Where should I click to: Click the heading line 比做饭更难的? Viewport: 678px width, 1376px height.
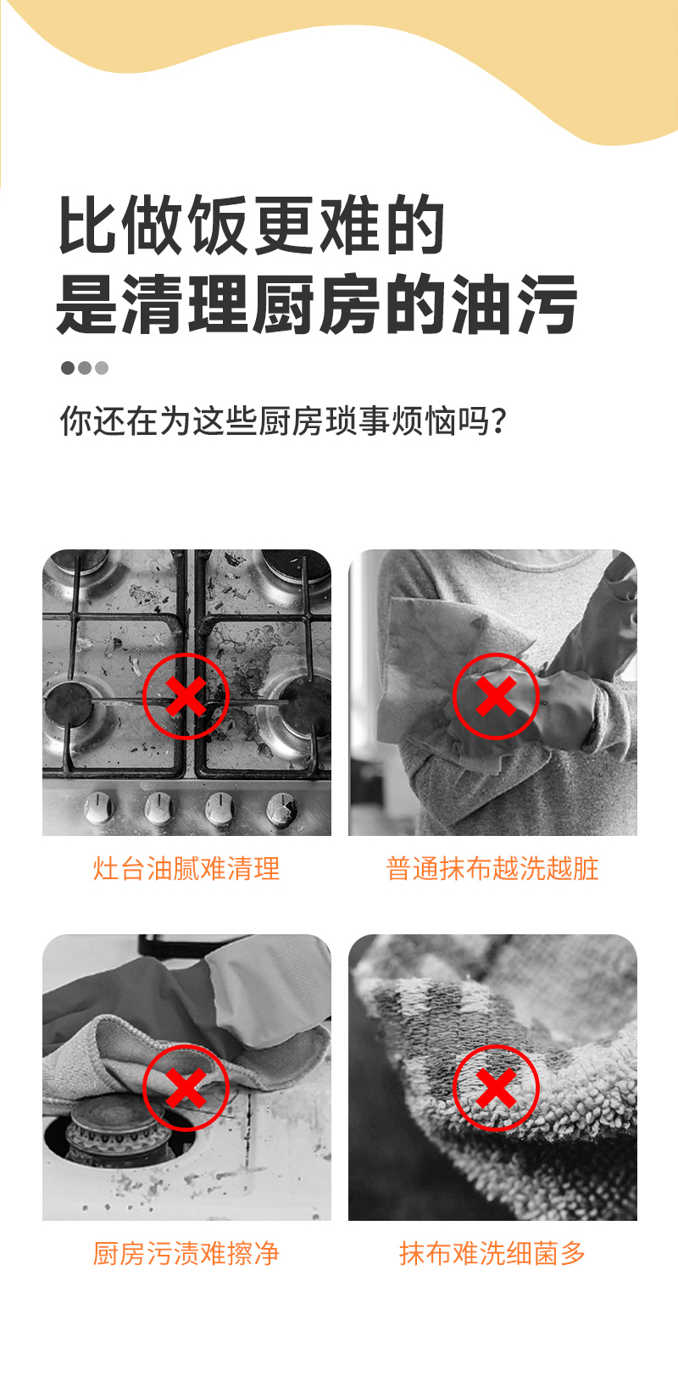(x=251, y=225)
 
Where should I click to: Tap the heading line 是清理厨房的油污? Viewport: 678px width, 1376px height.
(x=317, y=304)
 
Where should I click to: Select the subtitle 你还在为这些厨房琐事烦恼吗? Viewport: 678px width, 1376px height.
(x=283, y=421)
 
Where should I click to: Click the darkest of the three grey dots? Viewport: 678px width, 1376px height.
(x=68, y=368)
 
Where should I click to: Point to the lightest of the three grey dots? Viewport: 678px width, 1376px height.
(x=102, y=368)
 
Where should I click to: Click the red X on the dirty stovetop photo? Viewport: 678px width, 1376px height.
(x=186, y=697)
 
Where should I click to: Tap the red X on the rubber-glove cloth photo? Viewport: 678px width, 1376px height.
(x=496, y=697)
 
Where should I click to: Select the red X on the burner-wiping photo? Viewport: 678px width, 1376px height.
(x=186, y=1088)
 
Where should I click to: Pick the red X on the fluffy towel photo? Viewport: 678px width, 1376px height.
(x=496, y=1088)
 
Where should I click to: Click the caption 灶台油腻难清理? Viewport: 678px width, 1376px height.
(x=186, y=869)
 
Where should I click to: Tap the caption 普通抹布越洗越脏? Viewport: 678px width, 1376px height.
(x=492, y=869)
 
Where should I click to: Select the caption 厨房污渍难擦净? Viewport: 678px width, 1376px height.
(x=186, y=1254)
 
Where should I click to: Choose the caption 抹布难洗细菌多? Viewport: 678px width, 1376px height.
(x=492, y=1254)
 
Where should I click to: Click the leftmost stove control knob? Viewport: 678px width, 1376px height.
(x=98, y=807)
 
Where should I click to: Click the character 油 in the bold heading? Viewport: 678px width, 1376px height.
(x=480, y=304)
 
